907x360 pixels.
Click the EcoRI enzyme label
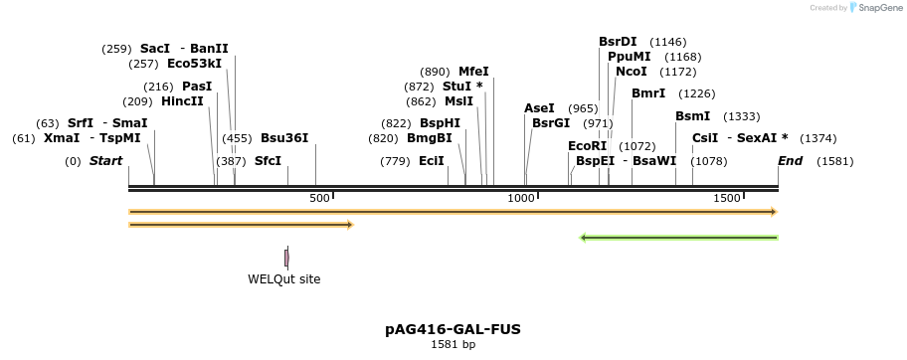[587, 145]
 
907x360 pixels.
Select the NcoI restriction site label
[632, 72]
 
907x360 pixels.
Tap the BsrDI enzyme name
[618, 42]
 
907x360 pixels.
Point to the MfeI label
[473, 72]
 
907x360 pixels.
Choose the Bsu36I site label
[284, 138]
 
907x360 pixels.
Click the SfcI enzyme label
[268, 161]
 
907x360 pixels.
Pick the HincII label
[182, 101]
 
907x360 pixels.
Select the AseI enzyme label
[539, 108]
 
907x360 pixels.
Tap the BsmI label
[692, 116]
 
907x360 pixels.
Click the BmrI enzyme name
[648, 93]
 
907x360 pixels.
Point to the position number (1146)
[667, 42]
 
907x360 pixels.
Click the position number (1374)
[817, 138]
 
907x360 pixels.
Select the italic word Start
[105, 161]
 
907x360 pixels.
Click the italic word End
[790, 161]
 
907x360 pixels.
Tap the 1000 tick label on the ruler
[521, 199]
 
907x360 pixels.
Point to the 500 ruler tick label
[319, 199]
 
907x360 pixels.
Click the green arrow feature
[678, 238]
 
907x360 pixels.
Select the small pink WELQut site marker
[286, 258]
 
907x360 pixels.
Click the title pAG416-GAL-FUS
[453, 329]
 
